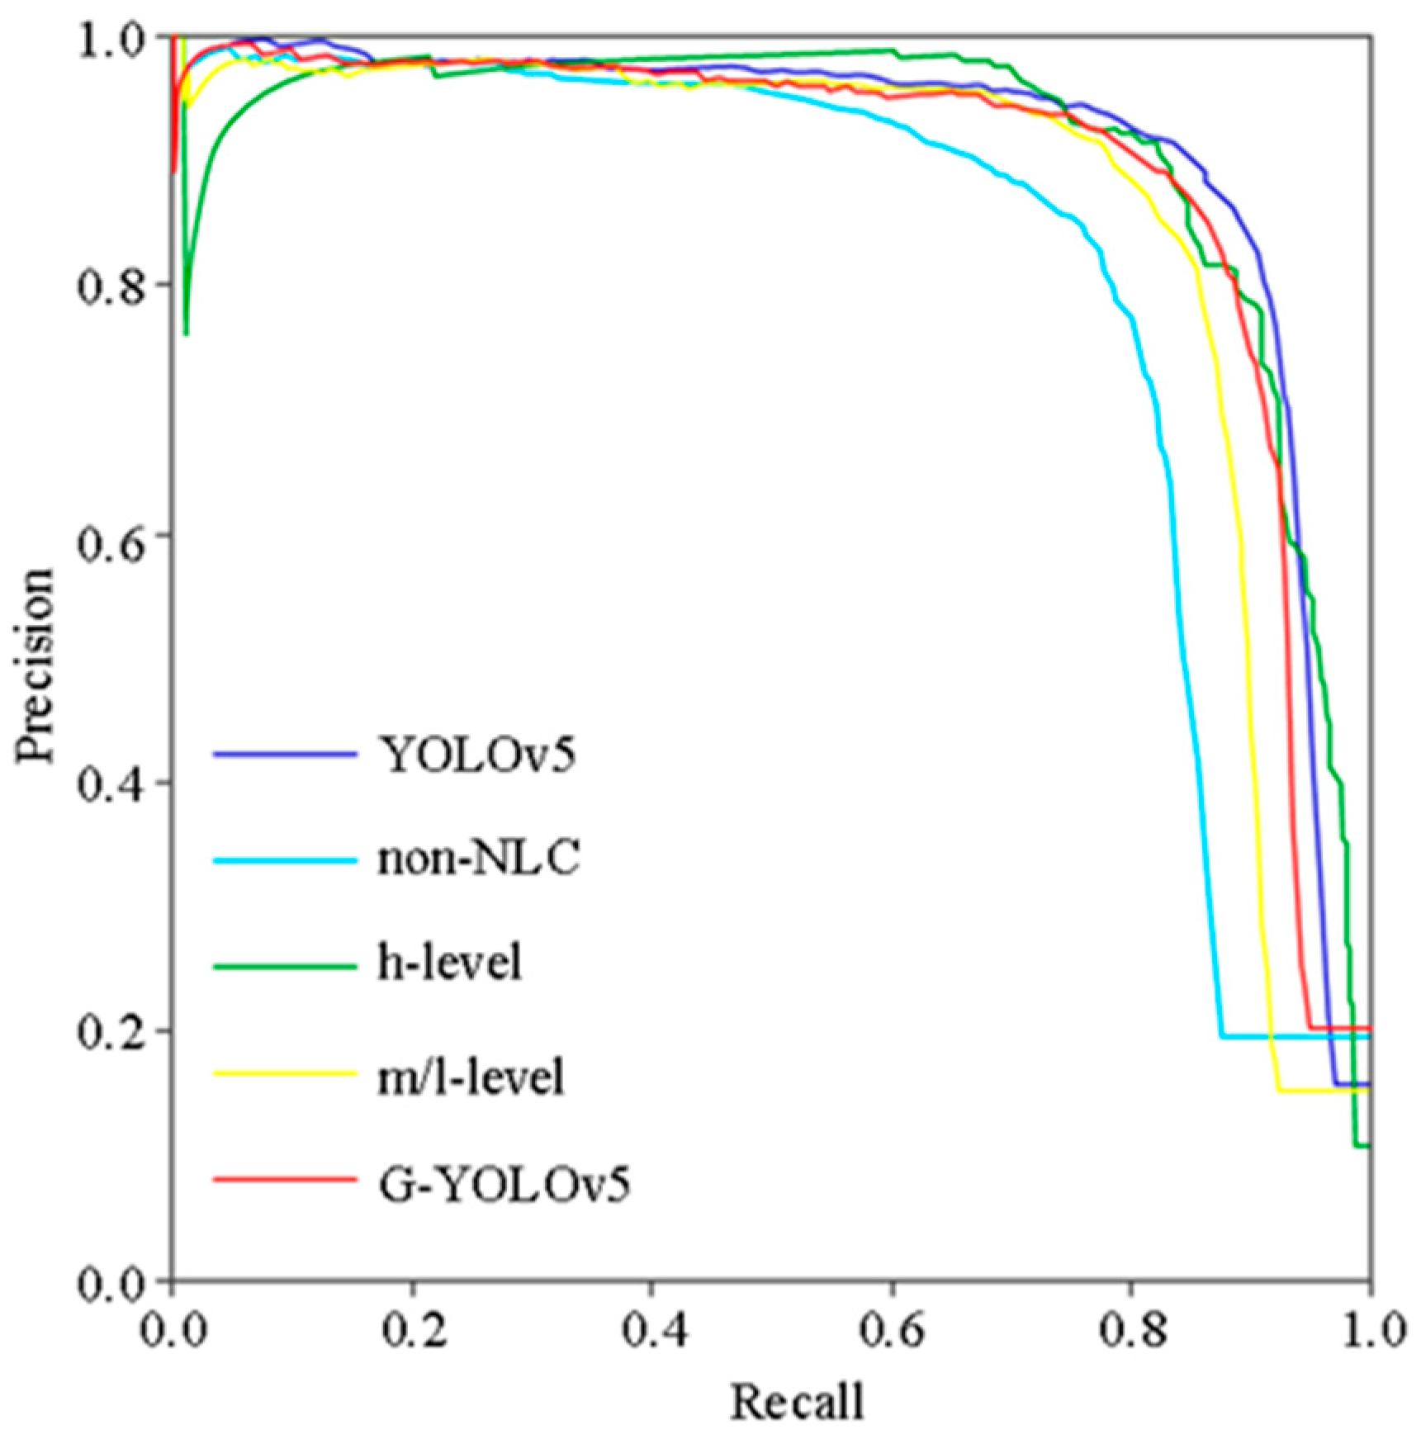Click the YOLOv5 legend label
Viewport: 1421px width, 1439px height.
tap(476, 755)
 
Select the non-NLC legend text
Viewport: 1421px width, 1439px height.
tap(479, 859)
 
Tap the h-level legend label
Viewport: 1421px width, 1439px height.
tap(450, 963)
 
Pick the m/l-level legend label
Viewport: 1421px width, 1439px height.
tap(471, 1078)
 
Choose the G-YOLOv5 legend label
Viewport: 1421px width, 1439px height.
tap(504, 1185)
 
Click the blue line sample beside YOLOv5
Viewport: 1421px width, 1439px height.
tap(285, 755)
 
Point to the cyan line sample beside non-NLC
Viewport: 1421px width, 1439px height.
tap(285, 860)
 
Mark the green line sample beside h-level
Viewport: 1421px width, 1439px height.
tap(285, 965)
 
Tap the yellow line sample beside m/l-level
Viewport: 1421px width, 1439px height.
tap(285, 1073)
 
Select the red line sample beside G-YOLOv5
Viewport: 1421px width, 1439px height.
tap(285, 1179)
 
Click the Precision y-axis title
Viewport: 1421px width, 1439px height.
tap(36, 665)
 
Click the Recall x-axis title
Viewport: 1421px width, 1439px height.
tap(797, 1402)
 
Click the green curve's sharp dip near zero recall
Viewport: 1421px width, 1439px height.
tap(186, 333)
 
